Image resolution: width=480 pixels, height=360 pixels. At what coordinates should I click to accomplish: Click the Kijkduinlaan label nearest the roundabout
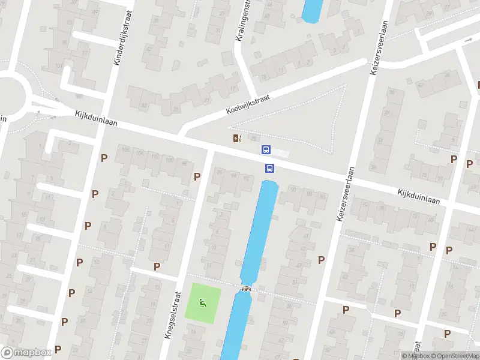[96, 118]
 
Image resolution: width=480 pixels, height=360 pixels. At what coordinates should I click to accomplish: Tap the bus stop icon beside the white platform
[266, 149]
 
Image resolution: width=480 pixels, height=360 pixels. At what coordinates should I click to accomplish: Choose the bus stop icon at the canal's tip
[269, 169]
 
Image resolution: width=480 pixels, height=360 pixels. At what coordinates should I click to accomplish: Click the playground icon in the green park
[203, 304]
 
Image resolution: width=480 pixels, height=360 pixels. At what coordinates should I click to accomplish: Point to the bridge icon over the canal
[245, 289]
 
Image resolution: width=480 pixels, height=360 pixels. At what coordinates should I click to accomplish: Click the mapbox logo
[26, 353]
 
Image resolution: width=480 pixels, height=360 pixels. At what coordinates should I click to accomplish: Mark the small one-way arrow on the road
[469, 40]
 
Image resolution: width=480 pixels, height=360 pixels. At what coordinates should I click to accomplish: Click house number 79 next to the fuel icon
[253, 140]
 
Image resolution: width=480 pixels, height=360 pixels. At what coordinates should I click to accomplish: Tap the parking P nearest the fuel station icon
[197, 176]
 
